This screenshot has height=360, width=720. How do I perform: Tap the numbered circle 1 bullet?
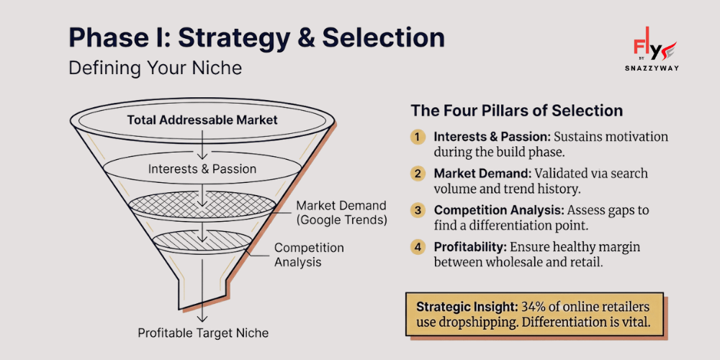[418, 137]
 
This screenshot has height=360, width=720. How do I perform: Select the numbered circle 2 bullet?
[418, 174]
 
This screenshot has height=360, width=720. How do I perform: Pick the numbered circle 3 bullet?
[418, 210]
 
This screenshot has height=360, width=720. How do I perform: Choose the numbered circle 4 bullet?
[418, 247]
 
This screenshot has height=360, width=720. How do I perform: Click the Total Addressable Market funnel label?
[202, 120]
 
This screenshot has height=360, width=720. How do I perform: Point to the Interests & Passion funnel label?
[202, 169]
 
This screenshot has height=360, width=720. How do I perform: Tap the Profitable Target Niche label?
[203, 333]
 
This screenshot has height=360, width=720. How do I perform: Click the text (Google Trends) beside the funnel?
[341, 220]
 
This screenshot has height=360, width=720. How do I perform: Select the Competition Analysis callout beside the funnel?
[309, 255]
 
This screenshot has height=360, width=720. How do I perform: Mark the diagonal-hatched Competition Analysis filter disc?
[202, 240]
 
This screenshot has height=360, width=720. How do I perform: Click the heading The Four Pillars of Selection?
[516, 111]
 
